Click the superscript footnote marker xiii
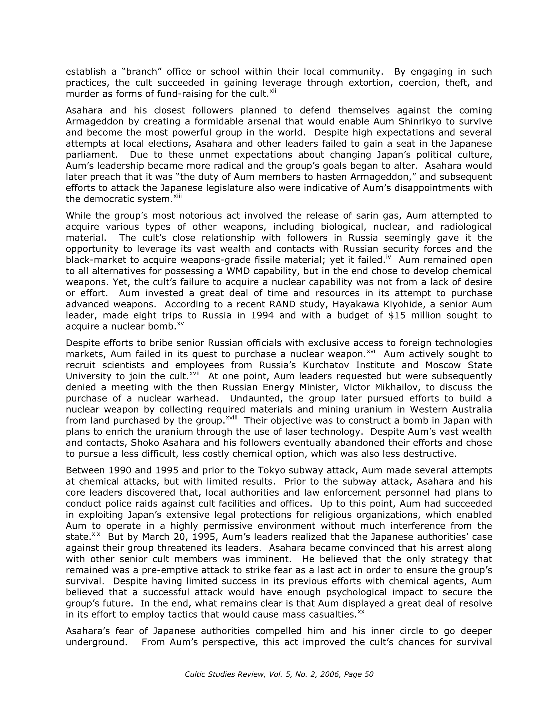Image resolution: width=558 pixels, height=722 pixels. [x=178, y=196]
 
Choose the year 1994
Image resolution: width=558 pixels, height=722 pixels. [x=262, y=316]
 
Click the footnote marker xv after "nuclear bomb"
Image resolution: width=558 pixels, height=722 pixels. [x=180, y=324]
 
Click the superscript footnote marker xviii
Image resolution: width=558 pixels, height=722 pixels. [x=231, y=418]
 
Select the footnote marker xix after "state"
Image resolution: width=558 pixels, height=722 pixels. [x=96, y=534]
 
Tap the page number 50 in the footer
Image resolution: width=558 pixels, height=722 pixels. [x=368, y=674]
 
